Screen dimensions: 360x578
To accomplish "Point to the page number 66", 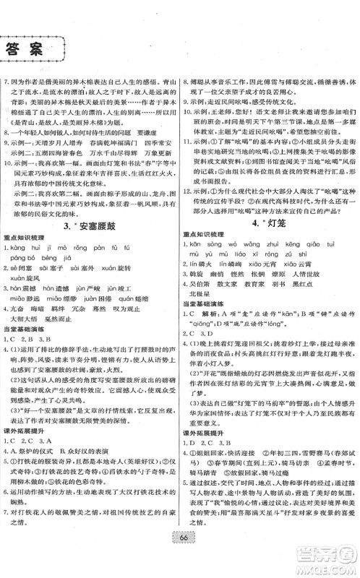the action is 179,547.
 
